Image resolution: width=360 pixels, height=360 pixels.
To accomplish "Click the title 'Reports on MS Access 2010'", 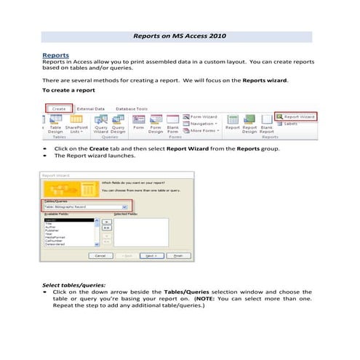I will (180, 34).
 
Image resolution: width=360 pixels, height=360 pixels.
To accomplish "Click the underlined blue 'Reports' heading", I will (56, 55).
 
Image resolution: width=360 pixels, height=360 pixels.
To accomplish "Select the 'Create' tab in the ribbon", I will (60, 108).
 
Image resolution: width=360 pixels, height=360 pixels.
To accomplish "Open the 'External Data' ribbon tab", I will (91, 108).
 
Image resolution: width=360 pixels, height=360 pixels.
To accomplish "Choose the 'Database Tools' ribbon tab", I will (132, 108).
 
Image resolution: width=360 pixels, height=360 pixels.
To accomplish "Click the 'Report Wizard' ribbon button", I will (299, 116).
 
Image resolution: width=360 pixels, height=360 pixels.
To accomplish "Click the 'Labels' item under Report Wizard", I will (291, 124).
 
